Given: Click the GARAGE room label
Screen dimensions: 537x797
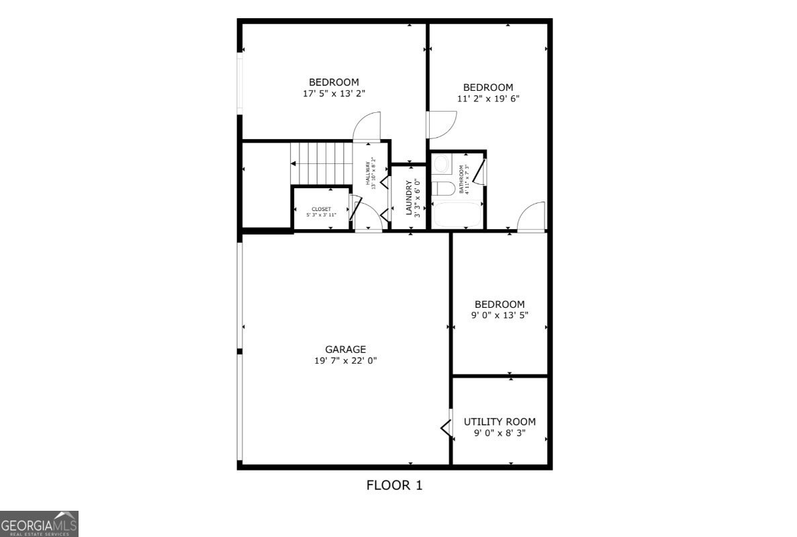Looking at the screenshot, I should click(x=346, y=349).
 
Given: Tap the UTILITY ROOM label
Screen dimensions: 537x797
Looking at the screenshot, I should click(x=500, y=422).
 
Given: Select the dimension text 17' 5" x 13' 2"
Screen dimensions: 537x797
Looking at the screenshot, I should click(x=334, y=94).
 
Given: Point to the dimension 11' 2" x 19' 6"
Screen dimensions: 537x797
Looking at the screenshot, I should click(x=488, y=99).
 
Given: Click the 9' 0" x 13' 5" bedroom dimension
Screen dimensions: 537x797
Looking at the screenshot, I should click(x=500, y=316).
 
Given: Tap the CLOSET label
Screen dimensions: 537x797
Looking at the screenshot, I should click(x=321, y=209).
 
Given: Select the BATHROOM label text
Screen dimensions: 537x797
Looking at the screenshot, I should click(x=461, y=179).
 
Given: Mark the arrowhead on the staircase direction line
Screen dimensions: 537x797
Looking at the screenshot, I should click(x=293, y=163).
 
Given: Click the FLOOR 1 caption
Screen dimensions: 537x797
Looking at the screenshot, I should click(x=394, y=485).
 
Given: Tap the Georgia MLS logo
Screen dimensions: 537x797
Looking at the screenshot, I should click(x=39, y=524).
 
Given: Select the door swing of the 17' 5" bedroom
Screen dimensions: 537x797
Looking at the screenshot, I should click(x=368, y=126).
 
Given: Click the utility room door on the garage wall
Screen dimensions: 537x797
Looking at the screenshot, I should click(x=445, y=427).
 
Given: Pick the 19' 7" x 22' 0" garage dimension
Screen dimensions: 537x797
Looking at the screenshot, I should click(x=346, y=361).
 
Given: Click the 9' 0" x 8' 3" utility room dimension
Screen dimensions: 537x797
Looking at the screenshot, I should click(x=500, y=433).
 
